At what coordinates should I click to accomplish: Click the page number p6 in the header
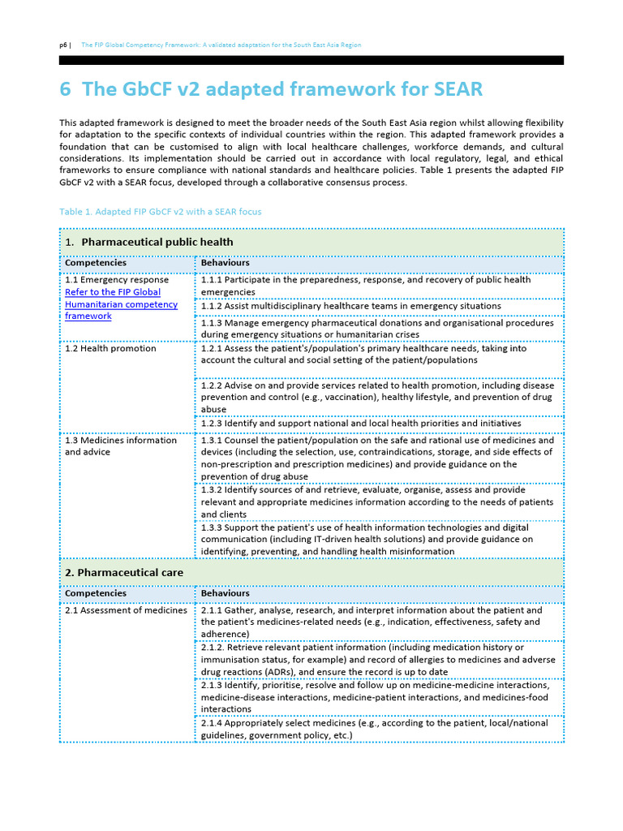tap(64, 45)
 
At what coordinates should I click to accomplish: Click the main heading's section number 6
tap(66, 88)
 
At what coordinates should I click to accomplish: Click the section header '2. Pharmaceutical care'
tap(124, 572)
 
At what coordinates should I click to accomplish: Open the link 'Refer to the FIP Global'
tap(113, 292)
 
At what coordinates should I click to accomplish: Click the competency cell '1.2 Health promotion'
tap(110, 348)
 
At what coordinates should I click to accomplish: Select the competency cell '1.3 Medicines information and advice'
tap(120, 446)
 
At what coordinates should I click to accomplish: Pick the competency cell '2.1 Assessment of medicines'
tap(126, 610)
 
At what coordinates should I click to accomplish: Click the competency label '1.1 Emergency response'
tap(117, 280)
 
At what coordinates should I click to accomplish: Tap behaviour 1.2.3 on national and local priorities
tap(361, 424)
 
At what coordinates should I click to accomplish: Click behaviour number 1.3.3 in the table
tap(213, 527)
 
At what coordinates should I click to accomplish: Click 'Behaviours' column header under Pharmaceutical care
tap(226, 593)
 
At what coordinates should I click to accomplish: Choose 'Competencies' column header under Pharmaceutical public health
tap(96, 263)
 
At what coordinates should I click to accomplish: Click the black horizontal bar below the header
tap(311, 60)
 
